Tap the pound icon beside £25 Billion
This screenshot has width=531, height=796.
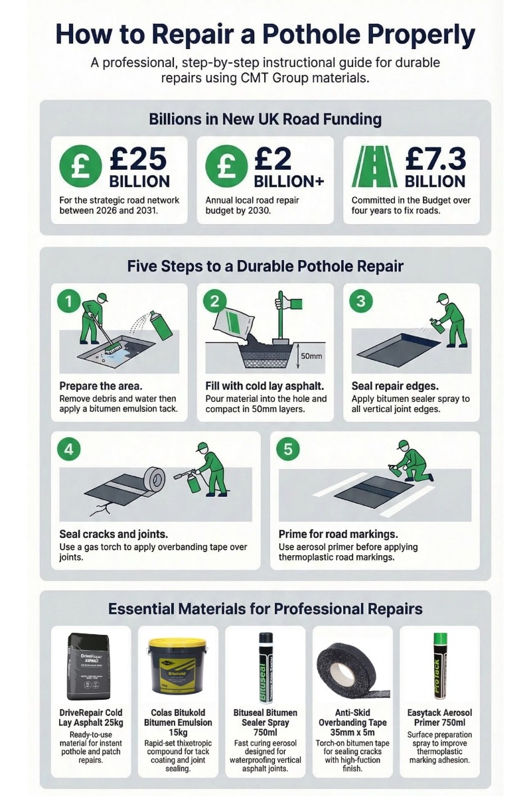click(80, 166)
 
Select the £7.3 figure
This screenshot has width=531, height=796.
click(436, 160)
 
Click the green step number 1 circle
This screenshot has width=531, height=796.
click(68, 302)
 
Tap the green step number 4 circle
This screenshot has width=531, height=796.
click(68, 449)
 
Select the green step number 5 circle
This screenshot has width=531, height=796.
click(287, 449)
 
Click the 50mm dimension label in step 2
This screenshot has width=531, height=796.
click(311, 356)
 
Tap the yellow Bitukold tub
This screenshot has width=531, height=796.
click(177, 667)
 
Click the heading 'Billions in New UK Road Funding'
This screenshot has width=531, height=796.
click(265, 119)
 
